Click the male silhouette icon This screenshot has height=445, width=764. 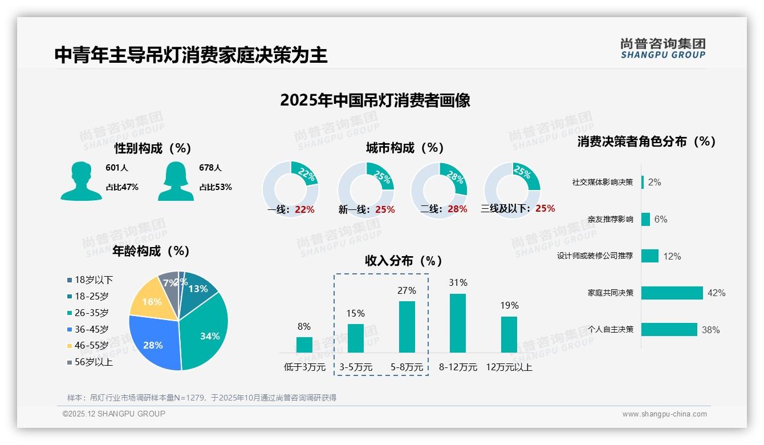(x=81, y=181)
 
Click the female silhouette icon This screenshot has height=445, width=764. (x=176, y=181)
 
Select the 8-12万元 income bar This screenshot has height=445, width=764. (x=458, y=323)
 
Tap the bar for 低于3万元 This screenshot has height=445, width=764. (x=304, y=345)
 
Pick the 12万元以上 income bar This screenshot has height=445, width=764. (x=509, y=334)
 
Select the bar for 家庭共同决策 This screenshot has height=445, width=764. (x=672, y=293)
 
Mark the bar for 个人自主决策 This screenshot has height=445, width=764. (x=669, y=330)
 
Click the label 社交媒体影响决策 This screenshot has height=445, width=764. (x=603, y=182)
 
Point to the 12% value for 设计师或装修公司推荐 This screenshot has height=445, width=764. (x=672, y=257)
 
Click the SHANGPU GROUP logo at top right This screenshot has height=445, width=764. (x=663, y=48)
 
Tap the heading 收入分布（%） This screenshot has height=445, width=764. (x=404, y=261)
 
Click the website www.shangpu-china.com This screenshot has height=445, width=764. (x=664, y=414)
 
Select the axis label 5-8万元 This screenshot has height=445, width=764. (x=407, y=367)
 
